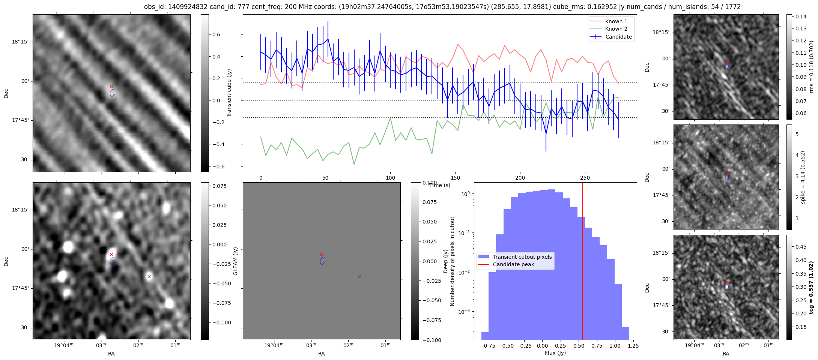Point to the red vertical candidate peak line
[x=583, y=262]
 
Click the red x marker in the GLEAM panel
[x=322, y=254]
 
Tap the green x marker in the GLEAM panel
[x=359, y=276]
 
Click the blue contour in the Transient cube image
[x=113, y=93]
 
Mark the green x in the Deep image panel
[x=149, y=276]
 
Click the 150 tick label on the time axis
[x=455, y=178]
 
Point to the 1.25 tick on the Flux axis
[x=633, y=346]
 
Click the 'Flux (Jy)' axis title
[x=555, y=353]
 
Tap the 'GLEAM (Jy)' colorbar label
[x=235, y=261]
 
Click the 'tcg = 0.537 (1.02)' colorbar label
[x=811, y=287]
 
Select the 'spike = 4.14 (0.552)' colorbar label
[x=803, y=177]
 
